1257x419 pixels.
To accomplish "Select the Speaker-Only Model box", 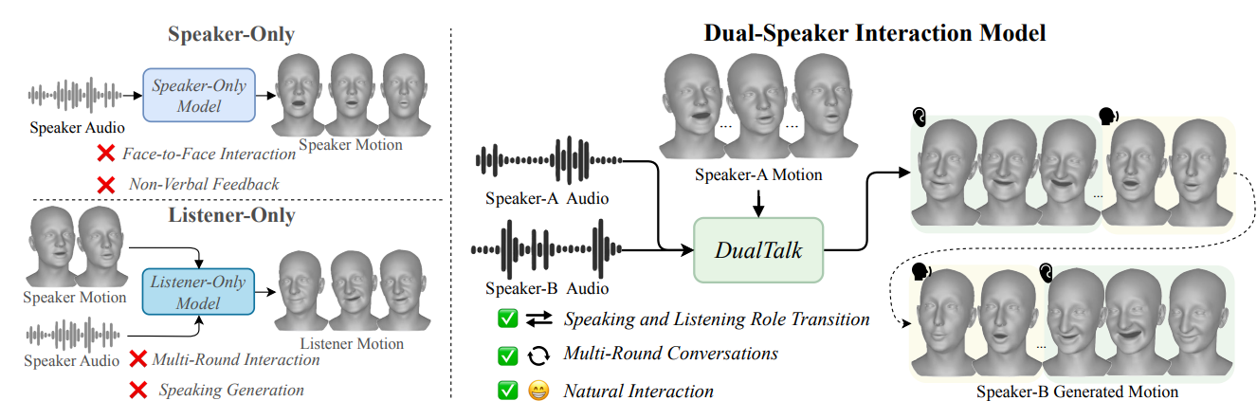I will click(x=199, y=95).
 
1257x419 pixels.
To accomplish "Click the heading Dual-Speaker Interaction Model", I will click(x=874, y=33).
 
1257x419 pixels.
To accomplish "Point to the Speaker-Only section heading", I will click(x=231, y=35).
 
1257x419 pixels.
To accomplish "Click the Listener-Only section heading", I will click(x=231, y=215).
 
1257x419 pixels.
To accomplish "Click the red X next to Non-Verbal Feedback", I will click(x=106, y=184).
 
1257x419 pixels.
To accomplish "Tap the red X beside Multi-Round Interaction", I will click(x=137, y=359).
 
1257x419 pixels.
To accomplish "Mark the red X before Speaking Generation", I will click(x=137, y=390).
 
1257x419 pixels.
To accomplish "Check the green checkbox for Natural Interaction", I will click(x=508, y=391).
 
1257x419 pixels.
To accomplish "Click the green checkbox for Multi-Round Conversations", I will click(x=508, y=355).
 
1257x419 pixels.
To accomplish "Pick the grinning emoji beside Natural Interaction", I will click(x=538, y=391).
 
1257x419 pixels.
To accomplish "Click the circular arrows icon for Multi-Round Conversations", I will click(x=538, y=355).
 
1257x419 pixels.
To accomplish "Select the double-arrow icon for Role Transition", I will click(x=538, y=319).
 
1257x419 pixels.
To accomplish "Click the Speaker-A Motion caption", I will click(x=758, y=174).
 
